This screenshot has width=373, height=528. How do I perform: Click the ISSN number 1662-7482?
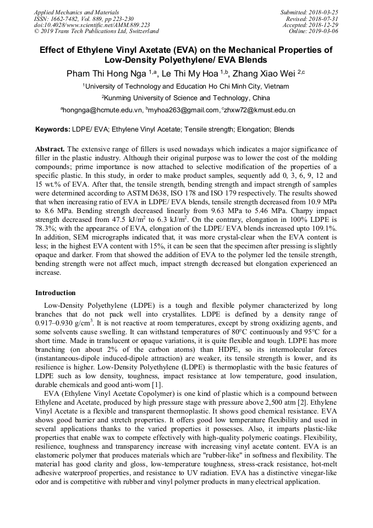pos(69,18)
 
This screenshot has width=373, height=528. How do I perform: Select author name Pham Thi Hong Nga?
pos(106,73)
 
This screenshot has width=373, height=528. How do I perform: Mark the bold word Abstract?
pos(50,149)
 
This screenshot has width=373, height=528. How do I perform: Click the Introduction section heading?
pos(56,293)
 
